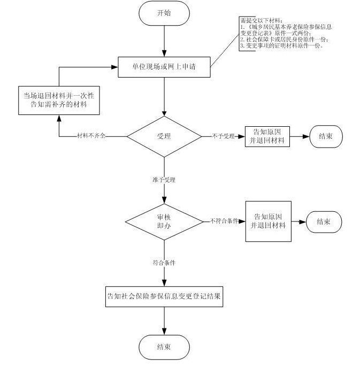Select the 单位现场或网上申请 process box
click(x=164, y=67)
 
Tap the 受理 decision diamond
click(x=164, y=136)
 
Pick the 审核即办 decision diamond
click(x=164, y=220)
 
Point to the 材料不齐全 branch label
click(x=91, y=136)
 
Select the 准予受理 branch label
click(x=164, y=180)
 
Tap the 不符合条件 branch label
click(x=224, y=221)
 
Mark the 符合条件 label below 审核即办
click(x=164, y=263)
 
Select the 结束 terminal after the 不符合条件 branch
click(x=323, y=221)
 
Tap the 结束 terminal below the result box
click(x=164, y=347)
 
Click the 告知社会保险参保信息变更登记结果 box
click(x=164, y=295)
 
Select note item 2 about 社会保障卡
click(x=285, y=40)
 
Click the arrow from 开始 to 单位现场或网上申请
click(x=164, y=40)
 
